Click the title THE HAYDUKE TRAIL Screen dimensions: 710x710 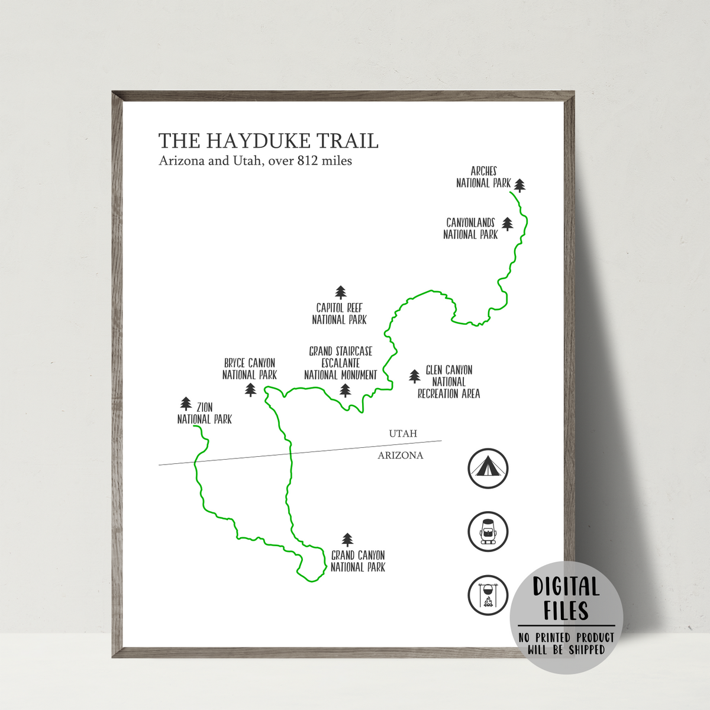pyautogui.click(x=268, y=141)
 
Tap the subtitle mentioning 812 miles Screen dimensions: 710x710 pyautogui.click(x=255, y=161)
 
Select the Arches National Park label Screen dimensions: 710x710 pyautogui.click(x=483, y=177)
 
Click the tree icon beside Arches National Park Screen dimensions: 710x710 pyautogui.click(x=519, y=185)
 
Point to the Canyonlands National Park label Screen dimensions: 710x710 pyautogui.click(x=470, y=228)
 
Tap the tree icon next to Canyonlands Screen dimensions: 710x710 pyautogui.click(x=508, y=224)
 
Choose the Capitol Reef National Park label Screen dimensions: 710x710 pyautogui.click(x=340, y=314)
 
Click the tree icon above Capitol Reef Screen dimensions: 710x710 pyautogui.click(x=340, y=292)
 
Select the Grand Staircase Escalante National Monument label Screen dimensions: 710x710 pyautogui.click(x=340, y=363)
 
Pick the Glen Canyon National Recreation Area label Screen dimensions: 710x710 pyautogui.click(x=448, y=382)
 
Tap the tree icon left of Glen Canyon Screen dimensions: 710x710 pyautogui.click(x=415, y=376)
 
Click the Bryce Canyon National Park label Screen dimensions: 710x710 pyautogui.click(x=250, y=369)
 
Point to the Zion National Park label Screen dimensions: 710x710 pyautogui.click(x=205, y=413)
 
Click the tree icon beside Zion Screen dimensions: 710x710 pyautogui.click(x=186, y=404)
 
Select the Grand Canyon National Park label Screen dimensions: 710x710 pyautogui.click(x=358, y=561)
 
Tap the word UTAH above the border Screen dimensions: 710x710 pyautogui.click(x=403, y=434)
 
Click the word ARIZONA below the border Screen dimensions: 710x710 pyautogui.click(x=401, y=456)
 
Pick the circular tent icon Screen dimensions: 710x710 pyautogui.click(x=488, y=469)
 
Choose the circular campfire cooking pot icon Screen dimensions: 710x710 pyautogui.click(x=488, y=595)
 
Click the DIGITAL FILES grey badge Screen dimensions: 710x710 pyautogui.click(x=566, y=618)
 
